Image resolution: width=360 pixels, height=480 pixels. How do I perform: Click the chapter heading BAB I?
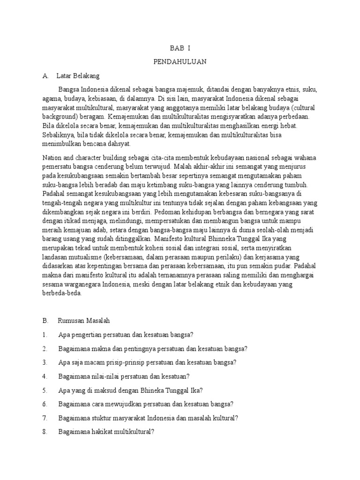pos(180,49)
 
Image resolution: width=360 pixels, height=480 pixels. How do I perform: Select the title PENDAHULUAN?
pos(180,62)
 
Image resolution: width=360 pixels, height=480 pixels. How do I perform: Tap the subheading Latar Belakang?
pos(78,75)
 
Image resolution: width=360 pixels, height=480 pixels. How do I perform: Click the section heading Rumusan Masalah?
pos(83,321)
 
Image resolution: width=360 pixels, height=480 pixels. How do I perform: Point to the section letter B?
pos(45,321)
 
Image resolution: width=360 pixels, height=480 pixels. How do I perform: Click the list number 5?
pos(45,390)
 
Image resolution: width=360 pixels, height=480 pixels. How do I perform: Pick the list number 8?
pos(45,432)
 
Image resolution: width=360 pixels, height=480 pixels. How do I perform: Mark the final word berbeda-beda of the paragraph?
pos(62,294)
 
